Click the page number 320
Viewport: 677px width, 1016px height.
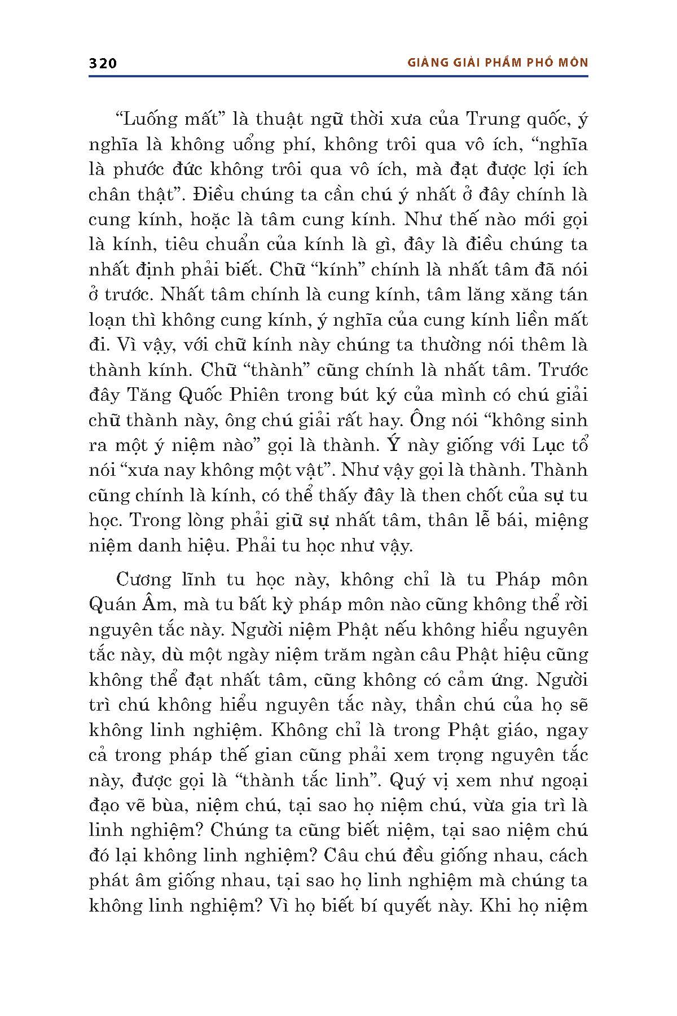(x=103, y=63)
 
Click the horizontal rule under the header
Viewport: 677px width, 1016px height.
(x=338, y=76)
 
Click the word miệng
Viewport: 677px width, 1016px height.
(x=557, y=520)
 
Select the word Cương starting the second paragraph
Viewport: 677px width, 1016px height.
(x=142, y=580)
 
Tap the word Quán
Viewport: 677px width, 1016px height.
(x=113, y=605)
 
